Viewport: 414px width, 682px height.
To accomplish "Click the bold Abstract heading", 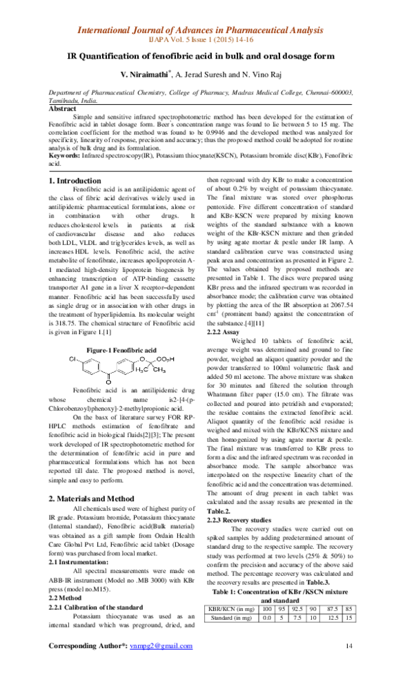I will (x=63, y=108).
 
